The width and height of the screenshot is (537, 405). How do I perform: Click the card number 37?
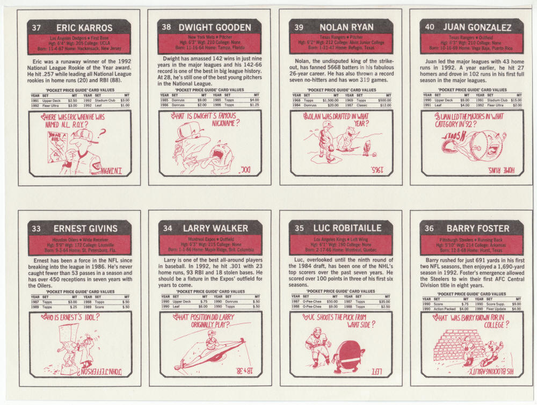36,27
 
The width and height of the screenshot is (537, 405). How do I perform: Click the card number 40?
430,27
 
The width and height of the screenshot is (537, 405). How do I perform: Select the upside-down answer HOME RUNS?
505,170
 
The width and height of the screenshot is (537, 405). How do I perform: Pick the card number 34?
168,228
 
